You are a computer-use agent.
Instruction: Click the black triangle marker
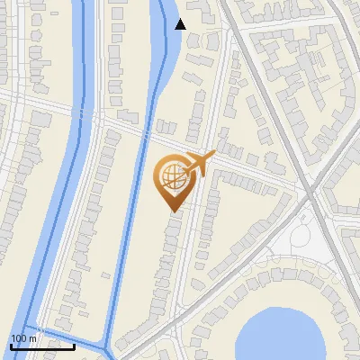(180, 24)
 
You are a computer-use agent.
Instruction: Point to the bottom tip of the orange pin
(173, 211)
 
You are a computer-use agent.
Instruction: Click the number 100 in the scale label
(19, 338)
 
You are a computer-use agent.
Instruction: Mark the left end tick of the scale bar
(11, 346)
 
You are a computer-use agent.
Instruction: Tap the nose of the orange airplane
(214, 154)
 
